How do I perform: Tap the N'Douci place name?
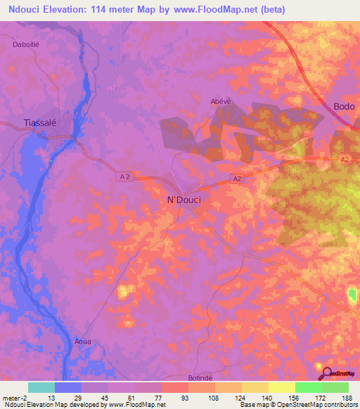coord(184,200)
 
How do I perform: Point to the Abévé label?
coord(221,100)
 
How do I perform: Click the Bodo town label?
coord(344,107)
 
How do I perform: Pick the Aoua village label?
coord(83,342)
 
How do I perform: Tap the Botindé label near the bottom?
coord(200,378)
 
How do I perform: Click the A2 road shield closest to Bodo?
coord(344,161)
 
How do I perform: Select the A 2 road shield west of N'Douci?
coord(124,178)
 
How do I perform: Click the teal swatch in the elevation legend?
coord(41,387)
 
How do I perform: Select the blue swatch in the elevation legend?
coord(67,387)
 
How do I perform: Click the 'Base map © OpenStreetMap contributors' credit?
coord(298,405)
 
